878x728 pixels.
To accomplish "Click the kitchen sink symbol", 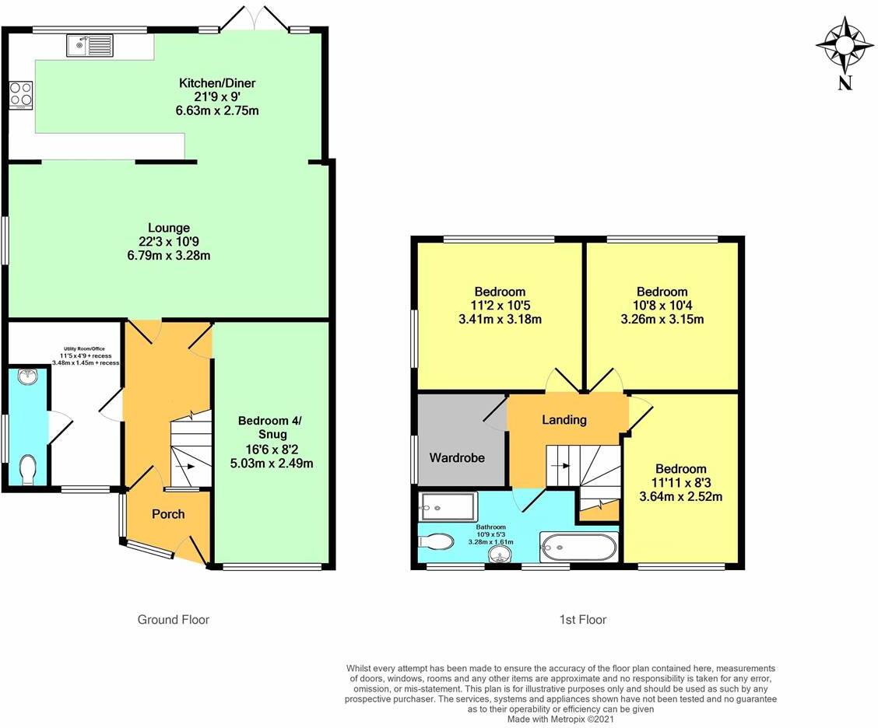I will [x=91, y=47].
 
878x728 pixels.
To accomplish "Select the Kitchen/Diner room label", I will [x=217, y=83].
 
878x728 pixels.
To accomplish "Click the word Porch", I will [x=168, y=514].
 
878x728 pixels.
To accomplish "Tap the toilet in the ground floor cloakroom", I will [x=29, y=470].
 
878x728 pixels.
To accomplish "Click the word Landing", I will [x=564, y=420].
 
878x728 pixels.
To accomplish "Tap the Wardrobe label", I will [x=457, y=457].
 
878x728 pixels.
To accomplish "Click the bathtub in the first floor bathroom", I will [x=578, y=548].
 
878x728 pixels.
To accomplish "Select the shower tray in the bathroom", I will [x=447, y=506].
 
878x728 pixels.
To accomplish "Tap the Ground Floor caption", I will [x=174, y=620].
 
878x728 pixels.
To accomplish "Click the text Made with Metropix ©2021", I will [x=560, y=719].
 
